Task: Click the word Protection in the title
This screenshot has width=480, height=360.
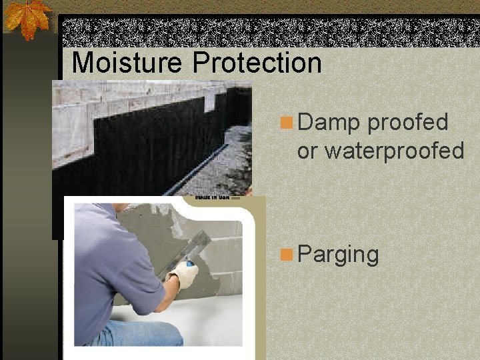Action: click(x=257, y=63)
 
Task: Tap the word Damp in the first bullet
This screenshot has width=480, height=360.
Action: click(x=329, y=123)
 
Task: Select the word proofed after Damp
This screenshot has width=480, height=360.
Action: click(x=407, y=123)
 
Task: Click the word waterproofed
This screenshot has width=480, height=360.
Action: click(x=393, y=151)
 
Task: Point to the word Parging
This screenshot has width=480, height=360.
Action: click(x=338, y=254)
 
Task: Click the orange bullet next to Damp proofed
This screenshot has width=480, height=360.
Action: click(x=287, y=123)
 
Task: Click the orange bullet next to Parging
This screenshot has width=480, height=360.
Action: click(x=287, y=254)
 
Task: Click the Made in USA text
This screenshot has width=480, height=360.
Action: click(x=213, y=198)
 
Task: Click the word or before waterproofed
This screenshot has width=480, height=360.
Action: click(x=307, y=151)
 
